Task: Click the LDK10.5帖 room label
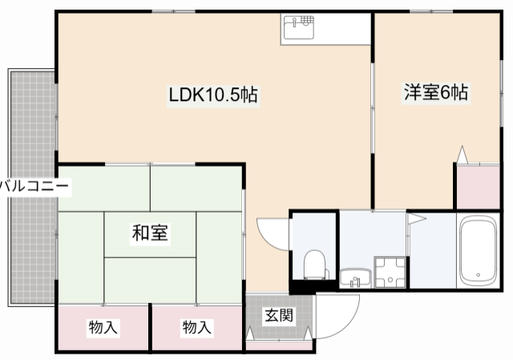pos(212,95)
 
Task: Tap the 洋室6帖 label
pos(435,93)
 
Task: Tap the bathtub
pos(479,252)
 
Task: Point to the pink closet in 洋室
pos(478,186)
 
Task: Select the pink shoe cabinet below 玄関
pos(279,346)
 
